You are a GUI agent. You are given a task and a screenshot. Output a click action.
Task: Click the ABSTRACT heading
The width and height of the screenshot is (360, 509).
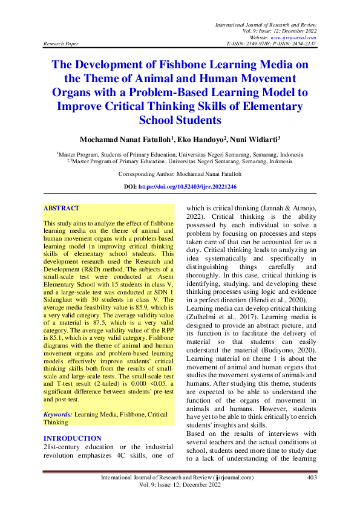pos(61,209)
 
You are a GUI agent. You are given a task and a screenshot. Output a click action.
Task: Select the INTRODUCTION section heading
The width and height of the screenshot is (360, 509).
pos(73,438)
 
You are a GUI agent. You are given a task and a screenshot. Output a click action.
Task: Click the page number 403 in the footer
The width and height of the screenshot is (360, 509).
pos(312,478)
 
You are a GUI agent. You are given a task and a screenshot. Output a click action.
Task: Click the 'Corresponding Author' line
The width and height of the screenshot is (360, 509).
pos(180,173)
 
